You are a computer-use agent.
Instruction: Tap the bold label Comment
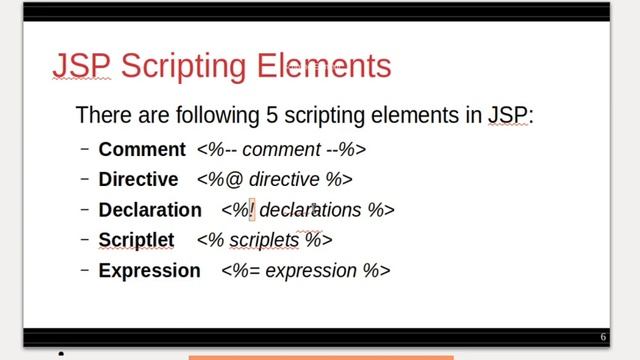point(142,150)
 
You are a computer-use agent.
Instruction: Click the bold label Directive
point(138,180)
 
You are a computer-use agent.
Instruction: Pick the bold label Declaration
point(150,210)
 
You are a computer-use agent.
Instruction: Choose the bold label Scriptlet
point(136,240)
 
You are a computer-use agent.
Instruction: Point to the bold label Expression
point(149,270)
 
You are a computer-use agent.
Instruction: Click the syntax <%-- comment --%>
point(282,150)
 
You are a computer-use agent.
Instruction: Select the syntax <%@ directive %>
point(275,180)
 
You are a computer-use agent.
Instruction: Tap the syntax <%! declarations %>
point(308,210)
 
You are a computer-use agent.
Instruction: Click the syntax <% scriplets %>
point(264,240)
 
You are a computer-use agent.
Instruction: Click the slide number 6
point(603,337)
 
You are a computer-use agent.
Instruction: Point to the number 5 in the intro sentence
point(271,114)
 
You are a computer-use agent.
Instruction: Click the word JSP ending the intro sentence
point(508,114)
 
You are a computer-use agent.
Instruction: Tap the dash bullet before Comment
point(85,150)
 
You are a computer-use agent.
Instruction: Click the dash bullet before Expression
point(85,270)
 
